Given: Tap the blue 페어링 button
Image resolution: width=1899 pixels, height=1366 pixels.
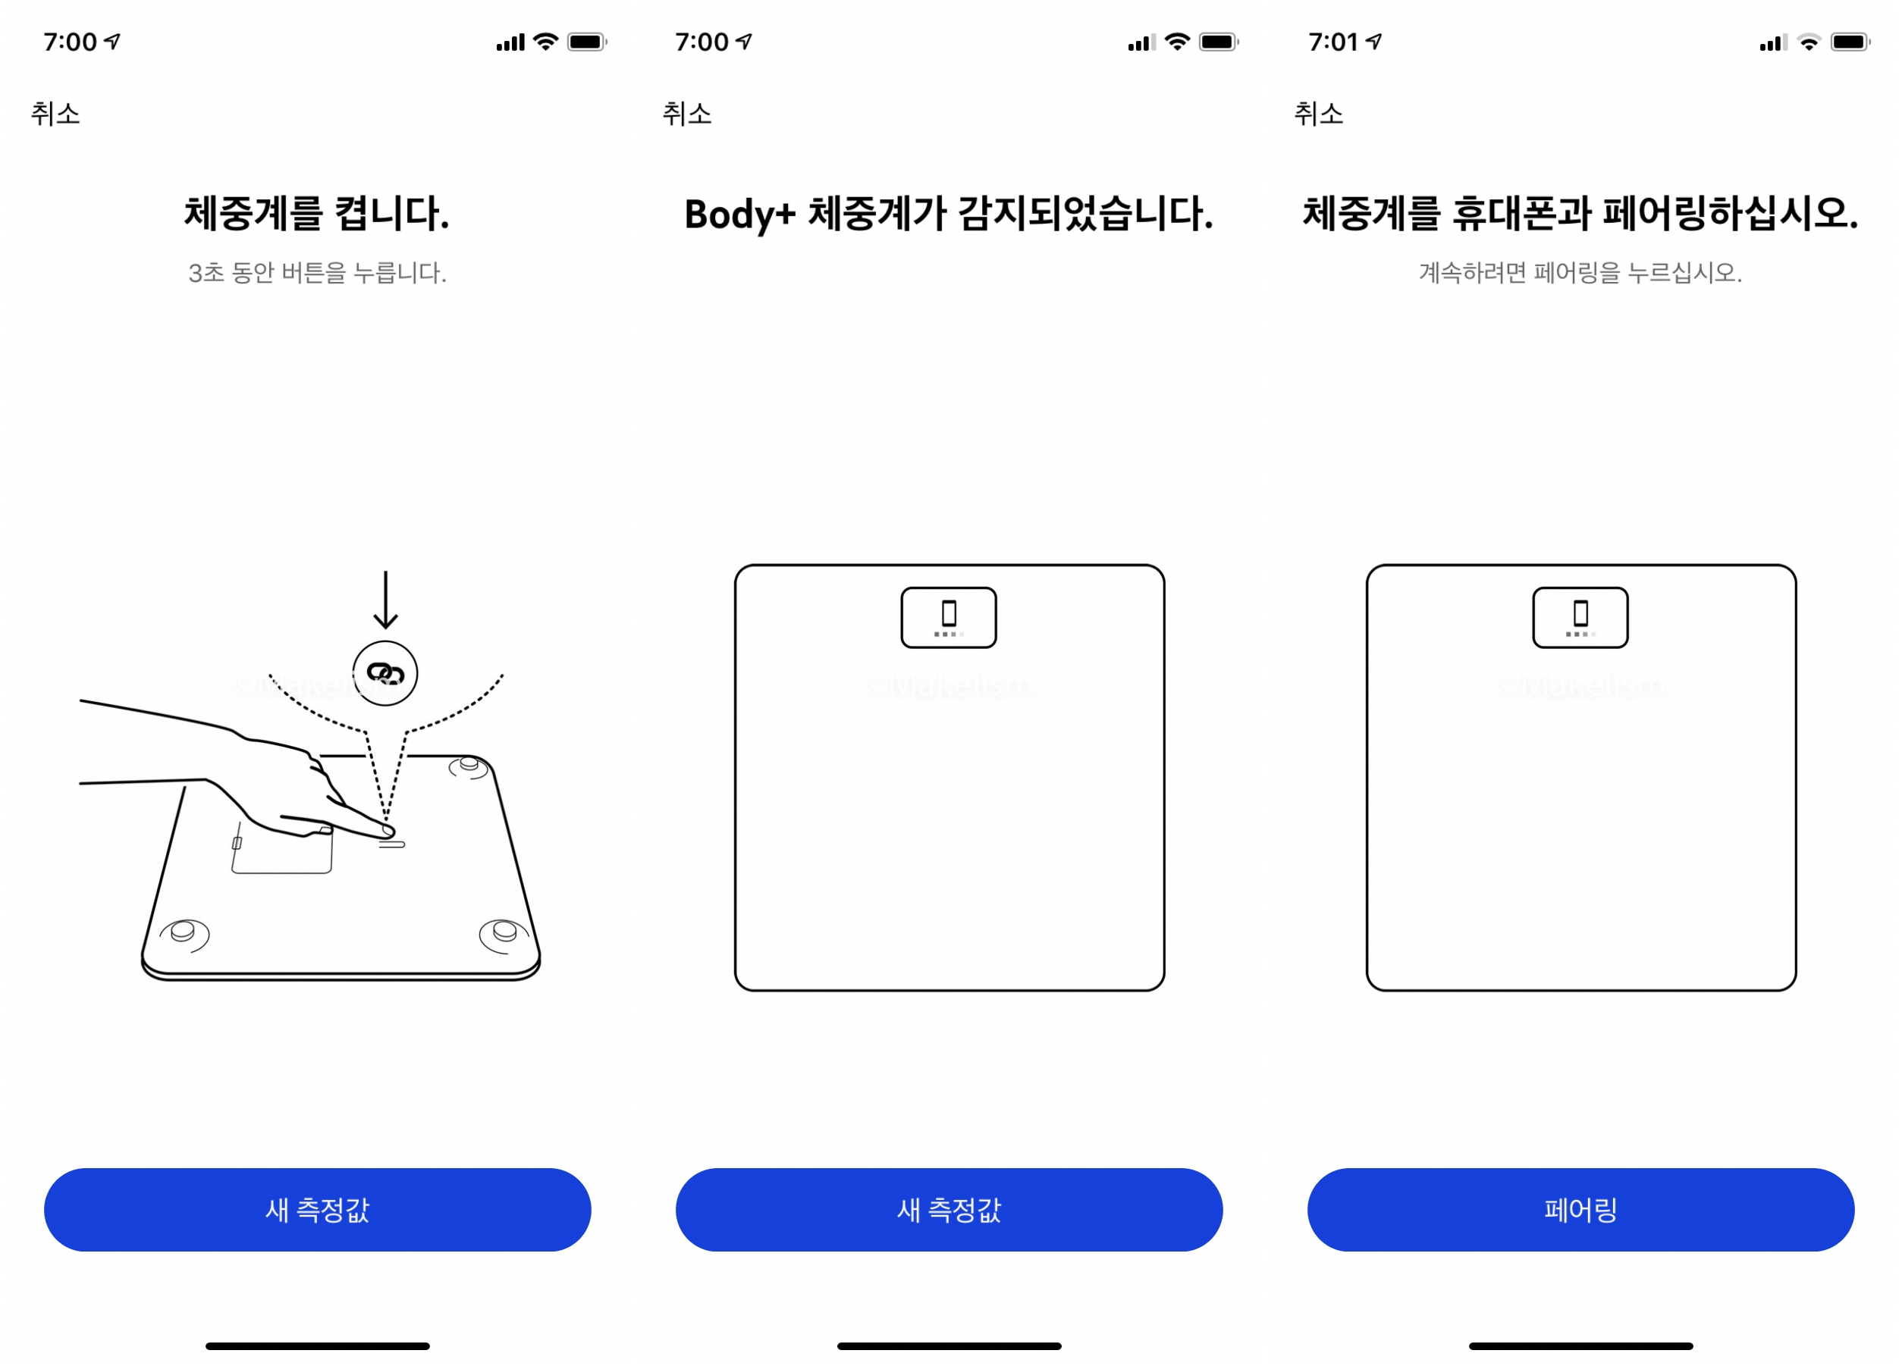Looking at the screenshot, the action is click(x=1580, y=1210).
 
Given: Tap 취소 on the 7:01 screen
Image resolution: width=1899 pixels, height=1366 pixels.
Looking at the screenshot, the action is click(x=1318, y=113).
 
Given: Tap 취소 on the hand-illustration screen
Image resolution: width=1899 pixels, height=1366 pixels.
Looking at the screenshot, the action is click(x=55, y=113).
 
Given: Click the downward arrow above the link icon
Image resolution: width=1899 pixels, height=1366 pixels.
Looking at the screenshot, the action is click(x=385, y=600).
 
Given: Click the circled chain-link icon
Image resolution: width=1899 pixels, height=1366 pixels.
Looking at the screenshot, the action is click(x=385, y=673).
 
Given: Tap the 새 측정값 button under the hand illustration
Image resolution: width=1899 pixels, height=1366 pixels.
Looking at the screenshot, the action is click(x=317, y=1210).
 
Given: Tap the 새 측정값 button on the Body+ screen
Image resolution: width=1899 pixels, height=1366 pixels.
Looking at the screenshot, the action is click(x=949, y=1210).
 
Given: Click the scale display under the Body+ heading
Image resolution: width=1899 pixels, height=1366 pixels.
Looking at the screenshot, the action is click(x=949, y=618).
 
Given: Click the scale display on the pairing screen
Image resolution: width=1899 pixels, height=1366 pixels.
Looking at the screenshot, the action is click(x=1580, y=618).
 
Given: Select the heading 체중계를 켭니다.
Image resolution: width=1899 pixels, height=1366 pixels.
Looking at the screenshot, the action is click(x=316, y=214).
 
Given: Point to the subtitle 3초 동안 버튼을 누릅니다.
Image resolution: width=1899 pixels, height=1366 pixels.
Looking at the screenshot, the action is click(x=317, y=272).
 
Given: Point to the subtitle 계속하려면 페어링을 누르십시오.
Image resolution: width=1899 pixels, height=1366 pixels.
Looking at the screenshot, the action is click(x=1580, y=272).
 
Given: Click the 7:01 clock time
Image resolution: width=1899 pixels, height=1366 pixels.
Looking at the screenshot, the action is click(x=1332, y=42).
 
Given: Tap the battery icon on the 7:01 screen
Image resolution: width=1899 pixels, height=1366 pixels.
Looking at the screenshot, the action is click(x=1850, y=42).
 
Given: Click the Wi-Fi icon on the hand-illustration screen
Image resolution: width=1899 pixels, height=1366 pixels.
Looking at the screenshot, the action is click(x=546, y=42).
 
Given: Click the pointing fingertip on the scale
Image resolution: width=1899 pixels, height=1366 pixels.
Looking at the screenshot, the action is click(x=387, y=830).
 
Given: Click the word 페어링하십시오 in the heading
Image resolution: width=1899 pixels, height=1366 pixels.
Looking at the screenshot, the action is click(x=1731, y=214).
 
